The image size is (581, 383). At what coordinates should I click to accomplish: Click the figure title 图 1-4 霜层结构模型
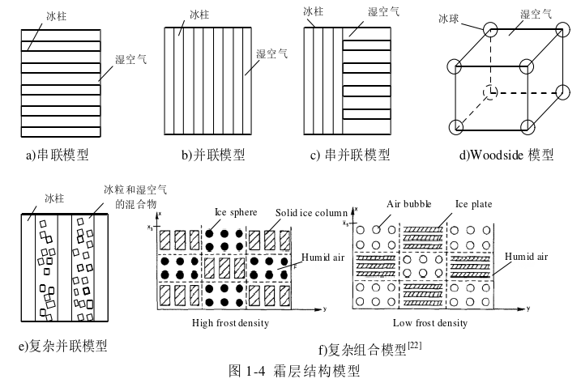point(294,371)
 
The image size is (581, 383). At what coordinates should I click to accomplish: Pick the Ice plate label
point(474,205)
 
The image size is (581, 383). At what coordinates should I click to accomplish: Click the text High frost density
point(230,323)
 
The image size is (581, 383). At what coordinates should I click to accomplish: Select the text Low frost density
point(429,323)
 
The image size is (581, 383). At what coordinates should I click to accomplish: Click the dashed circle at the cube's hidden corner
point(489,92)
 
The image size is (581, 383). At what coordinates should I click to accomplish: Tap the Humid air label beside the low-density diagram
point(526,257)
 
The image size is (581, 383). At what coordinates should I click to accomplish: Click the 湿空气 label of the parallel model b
point(272,54)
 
